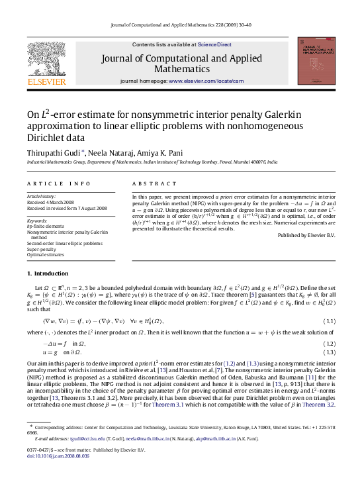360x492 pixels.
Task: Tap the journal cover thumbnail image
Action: (315, 61)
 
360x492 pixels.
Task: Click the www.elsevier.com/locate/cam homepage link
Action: (206, 81)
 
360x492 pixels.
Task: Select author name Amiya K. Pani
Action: (154, 153)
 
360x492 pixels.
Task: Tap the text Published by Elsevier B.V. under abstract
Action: (306, 235)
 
